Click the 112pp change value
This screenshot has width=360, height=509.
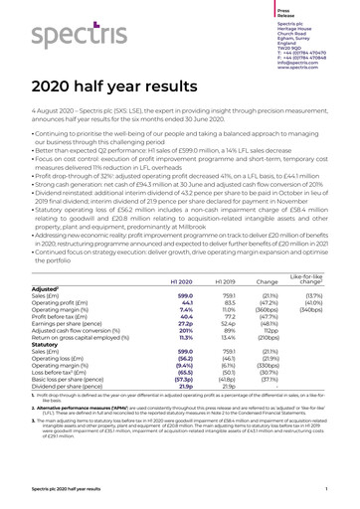pyautogui.click(x=283, y=336)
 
